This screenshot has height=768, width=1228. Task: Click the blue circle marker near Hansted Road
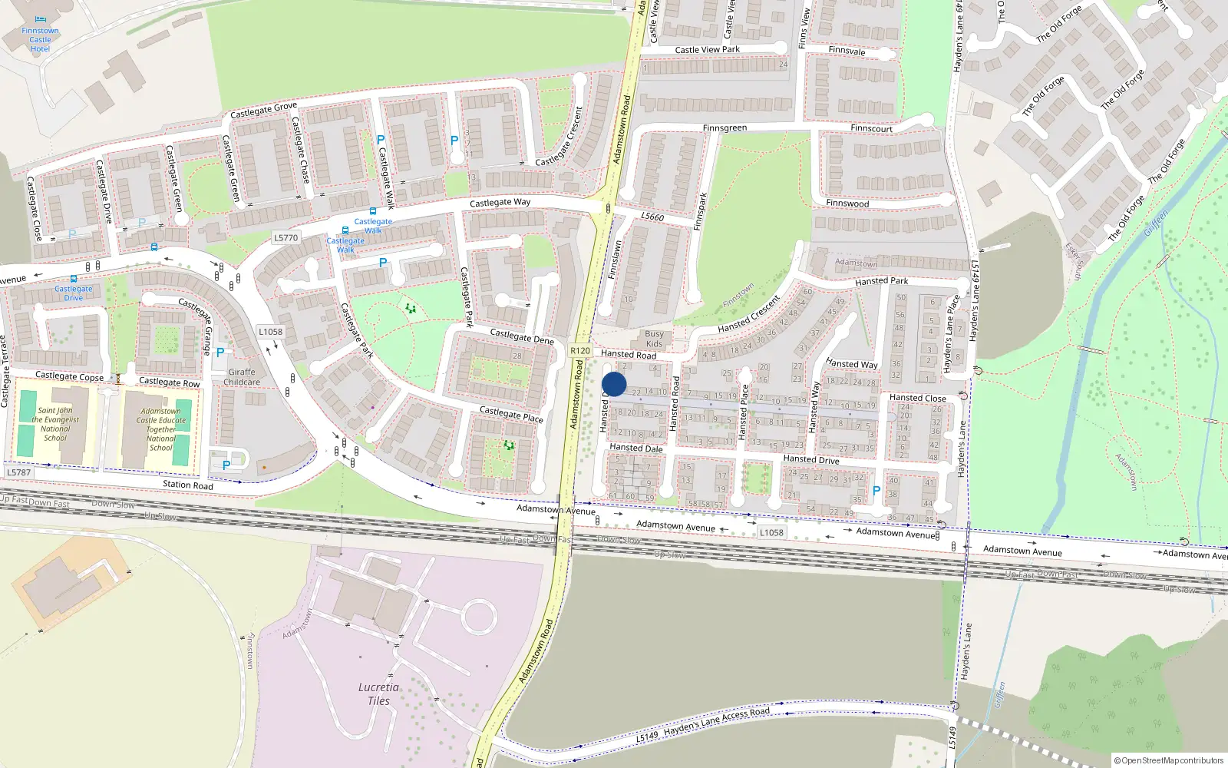(614, 384)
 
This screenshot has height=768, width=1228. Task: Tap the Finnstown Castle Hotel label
(40, 40)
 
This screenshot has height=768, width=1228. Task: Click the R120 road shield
(580, 351)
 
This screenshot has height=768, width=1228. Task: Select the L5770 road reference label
(286, 238)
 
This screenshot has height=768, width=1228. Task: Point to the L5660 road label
(652, 217)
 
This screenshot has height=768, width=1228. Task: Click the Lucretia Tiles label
(378, 694)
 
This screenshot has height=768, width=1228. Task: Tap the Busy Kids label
(654, 339)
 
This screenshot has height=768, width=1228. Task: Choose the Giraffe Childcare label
(242, 377)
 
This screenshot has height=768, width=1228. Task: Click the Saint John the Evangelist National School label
(55, 424)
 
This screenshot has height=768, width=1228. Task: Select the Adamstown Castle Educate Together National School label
(161, 429)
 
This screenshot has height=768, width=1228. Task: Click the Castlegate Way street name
(500, 203)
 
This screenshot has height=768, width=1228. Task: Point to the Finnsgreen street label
(725, 128)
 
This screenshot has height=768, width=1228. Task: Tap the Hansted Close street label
(917, 398)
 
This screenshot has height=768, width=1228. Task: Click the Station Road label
(188, 485)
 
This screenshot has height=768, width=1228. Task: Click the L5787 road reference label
(18, 472)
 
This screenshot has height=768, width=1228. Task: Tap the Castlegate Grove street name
(263, 111)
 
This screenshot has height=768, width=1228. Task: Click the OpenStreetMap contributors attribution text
(1168, 760)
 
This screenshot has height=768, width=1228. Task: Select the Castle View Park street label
(707, 50)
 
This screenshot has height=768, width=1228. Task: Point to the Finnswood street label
(847, 204)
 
